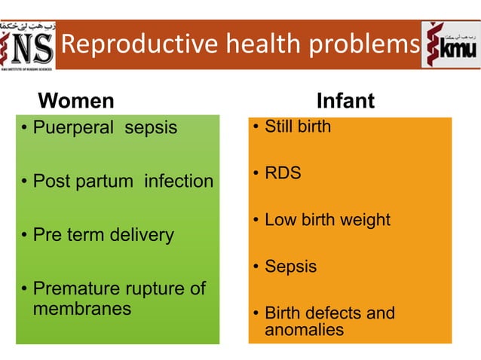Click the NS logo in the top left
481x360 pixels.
28,45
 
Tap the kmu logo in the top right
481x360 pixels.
450,45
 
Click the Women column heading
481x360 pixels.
76,100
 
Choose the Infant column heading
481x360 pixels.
345,100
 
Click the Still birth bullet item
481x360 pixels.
297,127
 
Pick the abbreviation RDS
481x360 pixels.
283,173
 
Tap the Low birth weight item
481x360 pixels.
327,220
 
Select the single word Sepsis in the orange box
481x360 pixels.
290,267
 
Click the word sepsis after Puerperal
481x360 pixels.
151,127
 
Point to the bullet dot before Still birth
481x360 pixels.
256,127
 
